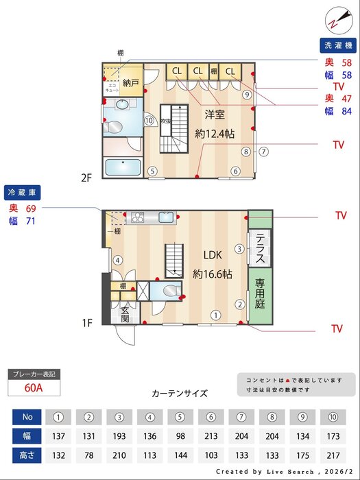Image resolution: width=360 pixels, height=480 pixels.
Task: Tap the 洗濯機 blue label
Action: [x=339, y=47]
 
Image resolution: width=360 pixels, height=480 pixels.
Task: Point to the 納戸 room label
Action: [x=131, y=84]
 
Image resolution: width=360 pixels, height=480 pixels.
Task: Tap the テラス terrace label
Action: [x=261, y=249]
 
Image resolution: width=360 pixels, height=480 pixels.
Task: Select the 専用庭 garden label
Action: [x=261, y=293]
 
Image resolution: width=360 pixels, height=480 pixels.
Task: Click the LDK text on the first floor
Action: [x=212, y=255]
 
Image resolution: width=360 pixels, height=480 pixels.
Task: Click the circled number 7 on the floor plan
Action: [x=263, y=152]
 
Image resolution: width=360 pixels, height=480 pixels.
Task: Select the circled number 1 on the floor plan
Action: [x=215, y=315]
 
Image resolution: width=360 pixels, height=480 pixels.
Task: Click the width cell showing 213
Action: [x=210, y=436]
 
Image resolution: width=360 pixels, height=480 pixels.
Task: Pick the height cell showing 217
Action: [x=332, y=455]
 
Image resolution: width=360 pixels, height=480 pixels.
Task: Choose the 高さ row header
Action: [x=27, y=455]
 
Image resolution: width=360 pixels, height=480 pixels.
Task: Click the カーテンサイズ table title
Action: [x=180, y=394]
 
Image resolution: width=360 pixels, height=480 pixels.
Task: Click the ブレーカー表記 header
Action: [x=34, y=374]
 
